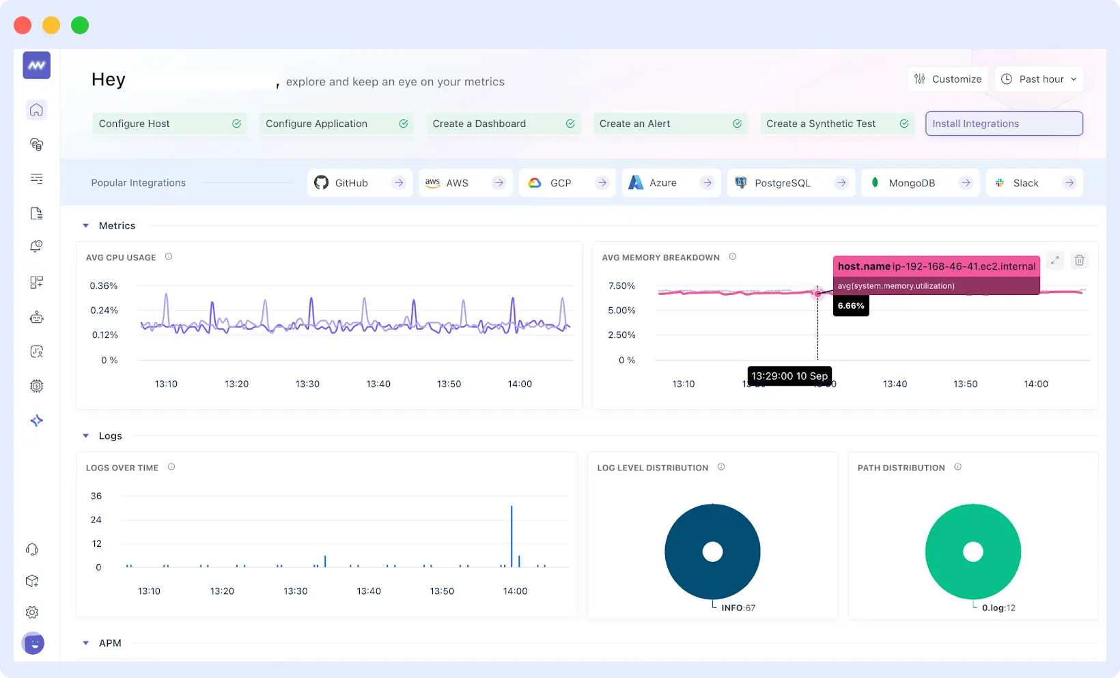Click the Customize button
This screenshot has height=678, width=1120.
(x=948, y=79)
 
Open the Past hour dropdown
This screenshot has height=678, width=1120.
(x=1039, y=79)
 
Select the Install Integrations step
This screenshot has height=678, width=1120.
(x=1003, y=124)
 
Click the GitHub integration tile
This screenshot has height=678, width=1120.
(x=359, y=183)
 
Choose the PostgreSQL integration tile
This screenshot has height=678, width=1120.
(x=790, y=183)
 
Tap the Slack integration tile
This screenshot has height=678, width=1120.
(x=1034, y=183)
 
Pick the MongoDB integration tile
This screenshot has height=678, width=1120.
(x=920, y=183)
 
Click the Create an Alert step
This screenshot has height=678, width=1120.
(x=669, y=124)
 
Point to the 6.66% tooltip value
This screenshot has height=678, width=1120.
(x=851, y=306)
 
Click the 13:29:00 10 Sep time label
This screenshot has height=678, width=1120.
(x=789, y=376)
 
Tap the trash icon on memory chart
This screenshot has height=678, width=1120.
(x=1079, y=260)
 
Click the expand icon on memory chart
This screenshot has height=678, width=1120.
(x=1055, y=260)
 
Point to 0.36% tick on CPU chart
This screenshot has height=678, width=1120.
(x=104, y=285)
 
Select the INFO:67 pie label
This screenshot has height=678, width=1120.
(x=738, y=608)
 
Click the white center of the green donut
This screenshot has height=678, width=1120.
(x=972, y=552)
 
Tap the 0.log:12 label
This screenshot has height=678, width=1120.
(x=998, y=608)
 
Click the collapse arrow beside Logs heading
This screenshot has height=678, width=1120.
(x=86, y=436)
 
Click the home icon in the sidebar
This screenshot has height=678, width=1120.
(x=37, y=110)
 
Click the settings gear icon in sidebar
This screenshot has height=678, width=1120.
(x=32, y=612)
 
